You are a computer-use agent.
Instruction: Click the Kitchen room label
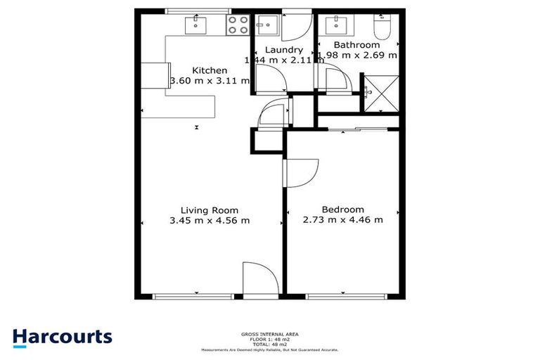coord(210,70)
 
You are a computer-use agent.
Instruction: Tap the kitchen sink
coord(195,26)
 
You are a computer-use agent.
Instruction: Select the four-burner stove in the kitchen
coord(237,26)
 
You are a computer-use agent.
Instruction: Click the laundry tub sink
coord(266,27)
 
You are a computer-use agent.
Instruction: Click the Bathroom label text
coord(356,45)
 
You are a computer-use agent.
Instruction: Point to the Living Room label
coord(210,210)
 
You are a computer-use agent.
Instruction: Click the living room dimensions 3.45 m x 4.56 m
coord(210,221)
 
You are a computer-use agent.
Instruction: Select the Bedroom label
coord(342,210)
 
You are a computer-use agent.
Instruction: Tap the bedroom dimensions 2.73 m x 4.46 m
coord(342,220)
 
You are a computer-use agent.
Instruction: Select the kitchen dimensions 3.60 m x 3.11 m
coord(210,81)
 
